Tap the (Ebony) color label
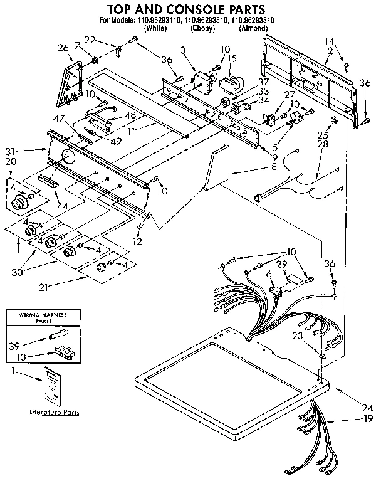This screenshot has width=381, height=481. (202, 28)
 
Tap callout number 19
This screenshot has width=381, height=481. (368, 419)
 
